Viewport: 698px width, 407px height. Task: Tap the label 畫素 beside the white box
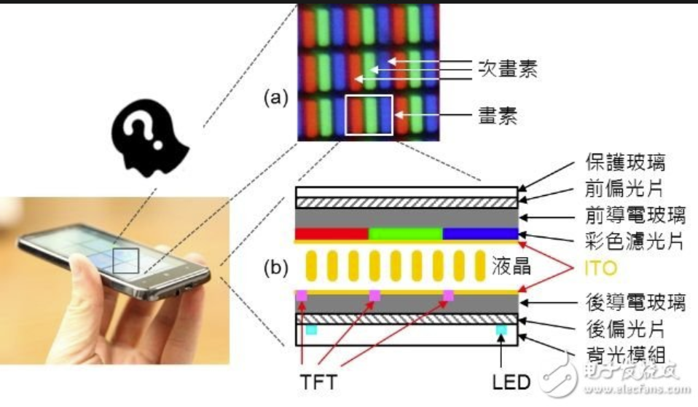pos(497,116)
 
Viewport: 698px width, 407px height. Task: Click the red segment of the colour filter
pos(332,234)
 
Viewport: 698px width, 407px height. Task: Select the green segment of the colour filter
pos(406,234)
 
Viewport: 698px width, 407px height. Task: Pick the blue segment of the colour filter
pos(480,234)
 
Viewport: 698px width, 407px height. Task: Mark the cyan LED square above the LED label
pos(501,331)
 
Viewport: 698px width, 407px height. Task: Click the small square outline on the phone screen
pos(125,260)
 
